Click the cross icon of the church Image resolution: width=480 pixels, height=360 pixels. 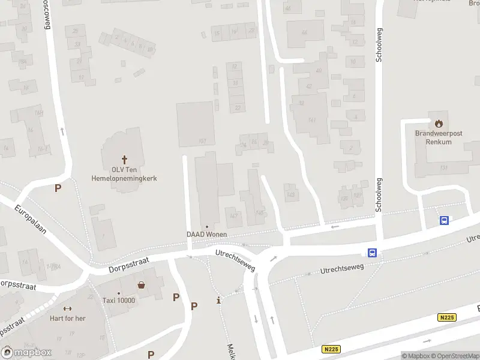tap(125, 160)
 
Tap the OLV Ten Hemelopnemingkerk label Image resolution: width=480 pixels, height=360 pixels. tap(124, 174)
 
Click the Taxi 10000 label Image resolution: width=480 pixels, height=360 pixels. tap(118, 301)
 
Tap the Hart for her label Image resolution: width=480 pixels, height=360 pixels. tap(67, 318)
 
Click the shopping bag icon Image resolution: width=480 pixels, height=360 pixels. tap(141, 285)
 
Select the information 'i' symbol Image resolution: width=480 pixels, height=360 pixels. tap(218, 300)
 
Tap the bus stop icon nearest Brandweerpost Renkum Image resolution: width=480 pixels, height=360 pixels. tap(444, 220)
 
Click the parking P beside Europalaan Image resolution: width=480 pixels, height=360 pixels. tap(58, 188)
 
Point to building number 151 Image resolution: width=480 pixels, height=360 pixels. tap(202, 142)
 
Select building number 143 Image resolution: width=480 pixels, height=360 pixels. tap(291, 195)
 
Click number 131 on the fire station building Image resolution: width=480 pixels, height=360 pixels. tap(444, 167)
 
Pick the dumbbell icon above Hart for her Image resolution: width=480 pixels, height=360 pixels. tap(67, 308)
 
